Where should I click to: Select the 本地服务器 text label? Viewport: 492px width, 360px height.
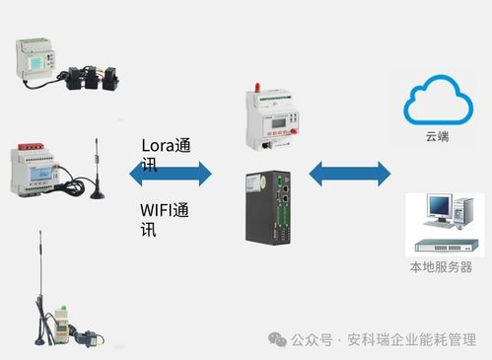[440, 267]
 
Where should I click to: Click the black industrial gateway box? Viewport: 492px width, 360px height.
[270, 206]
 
